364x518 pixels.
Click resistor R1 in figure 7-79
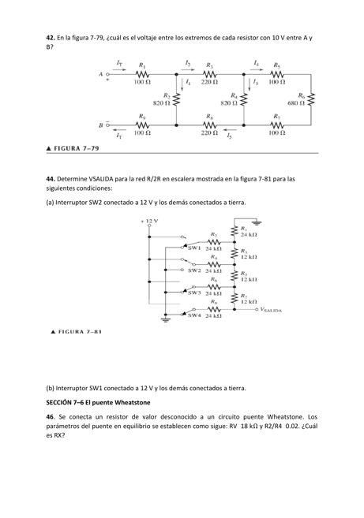point(142,73)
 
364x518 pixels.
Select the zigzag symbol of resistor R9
point(142,125)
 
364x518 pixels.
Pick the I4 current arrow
point(257,67)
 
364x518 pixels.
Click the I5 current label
point(230,136)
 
